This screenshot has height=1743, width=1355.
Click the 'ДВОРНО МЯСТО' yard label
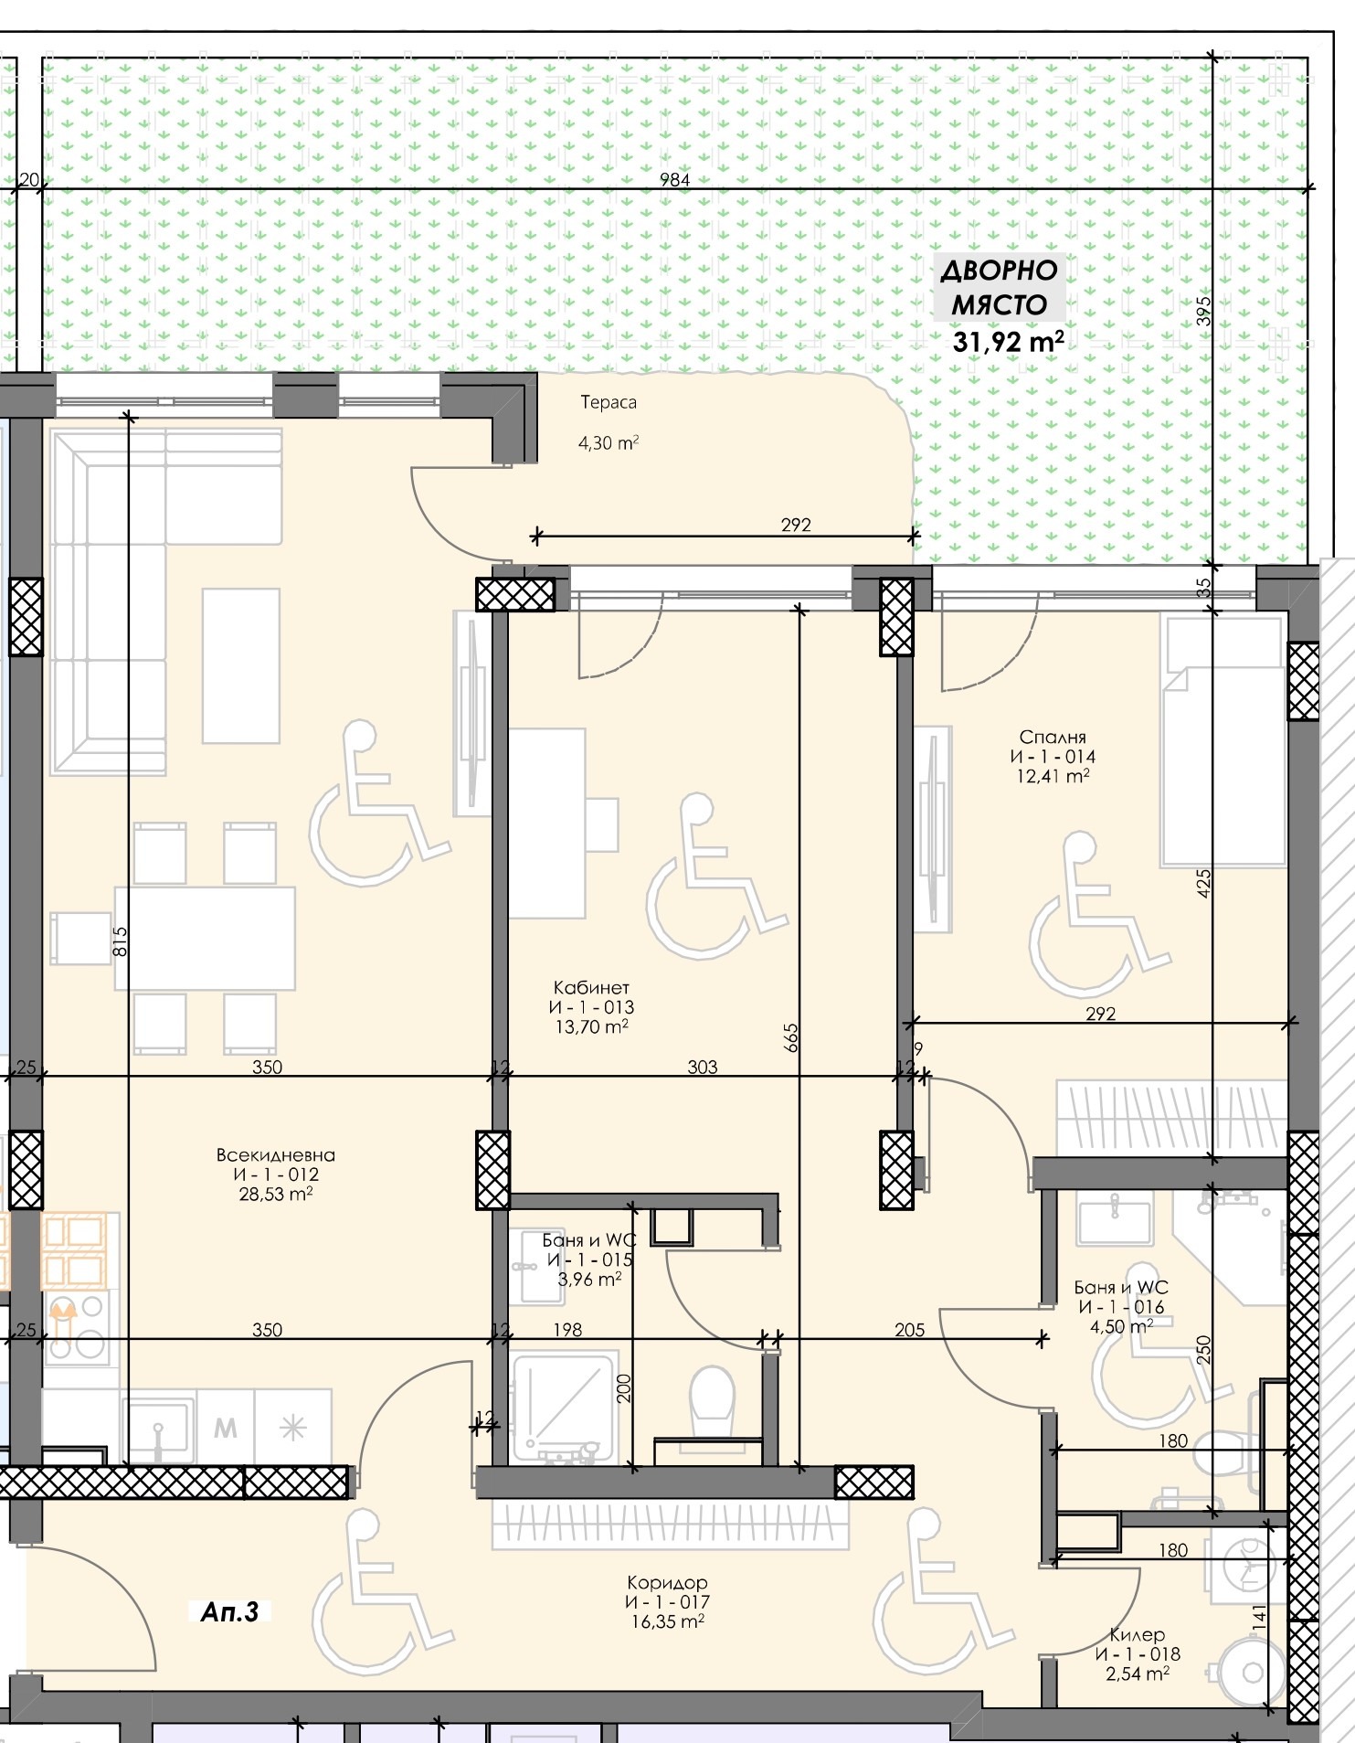tap(1000, 287)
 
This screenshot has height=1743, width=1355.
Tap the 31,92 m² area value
tap(1007, 342)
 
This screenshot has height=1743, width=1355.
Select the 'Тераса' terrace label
tap(609, 402)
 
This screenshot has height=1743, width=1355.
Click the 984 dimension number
tap(674, 180)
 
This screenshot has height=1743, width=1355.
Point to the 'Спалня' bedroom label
tap(1053, 737)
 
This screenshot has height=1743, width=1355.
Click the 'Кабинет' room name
tap(591, 987)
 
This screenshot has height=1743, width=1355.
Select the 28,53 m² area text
tap(275, 1195)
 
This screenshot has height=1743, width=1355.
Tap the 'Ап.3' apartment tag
tap(229, 1612)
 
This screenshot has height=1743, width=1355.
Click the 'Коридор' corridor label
tap(667, 1582)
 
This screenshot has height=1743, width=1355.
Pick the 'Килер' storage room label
tap(1137, 1634)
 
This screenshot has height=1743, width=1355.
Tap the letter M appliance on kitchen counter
tap(226, 1428)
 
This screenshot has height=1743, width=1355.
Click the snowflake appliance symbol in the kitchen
tap(292, 1428)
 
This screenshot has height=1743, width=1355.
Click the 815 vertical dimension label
tap(120, 941)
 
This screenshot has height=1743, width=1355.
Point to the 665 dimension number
tap(791, 1037)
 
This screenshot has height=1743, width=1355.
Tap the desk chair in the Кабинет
tap(602, 824)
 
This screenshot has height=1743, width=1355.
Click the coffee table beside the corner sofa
tap(240, 664)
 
